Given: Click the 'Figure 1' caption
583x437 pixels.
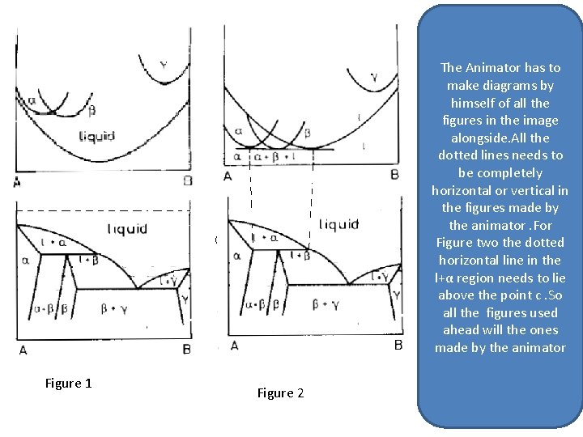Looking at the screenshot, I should click(68, 384).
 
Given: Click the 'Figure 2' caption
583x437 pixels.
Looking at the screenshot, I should click(280, 393).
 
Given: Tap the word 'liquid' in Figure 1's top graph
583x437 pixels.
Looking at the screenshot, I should click(96, 137).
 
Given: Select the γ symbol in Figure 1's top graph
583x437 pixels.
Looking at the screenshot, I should click(164, 66).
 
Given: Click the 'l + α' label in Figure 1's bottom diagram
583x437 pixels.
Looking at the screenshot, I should click(53, 241).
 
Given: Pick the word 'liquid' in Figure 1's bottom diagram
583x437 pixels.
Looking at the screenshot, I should click(127, 229).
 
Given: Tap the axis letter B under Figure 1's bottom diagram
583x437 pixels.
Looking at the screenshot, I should click(187, 350).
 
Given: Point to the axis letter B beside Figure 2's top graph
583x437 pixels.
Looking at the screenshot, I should click(394, 176).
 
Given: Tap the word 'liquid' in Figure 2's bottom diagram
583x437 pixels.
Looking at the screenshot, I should click(338, 224).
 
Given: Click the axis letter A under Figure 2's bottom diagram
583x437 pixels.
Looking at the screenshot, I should click(234, 346).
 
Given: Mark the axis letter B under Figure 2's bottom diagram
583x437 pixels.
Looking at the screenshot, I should click(398, 346).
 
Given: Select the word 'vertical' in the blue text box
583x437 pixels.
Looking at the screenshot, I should click(526, 191).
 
